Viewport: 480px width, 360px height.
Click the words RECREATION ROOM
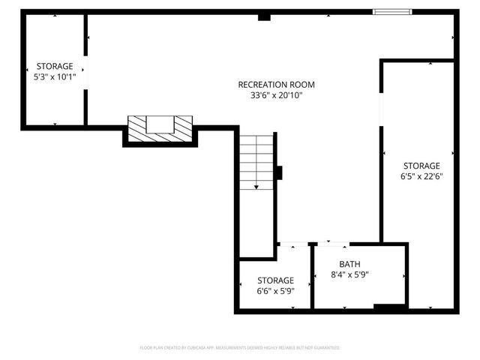tap(276, 85)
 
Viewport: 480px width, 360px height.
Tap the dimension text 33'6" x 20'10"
tap(276, 96)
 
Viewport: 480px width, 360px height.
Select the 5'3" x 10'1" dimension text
tap(54, 76)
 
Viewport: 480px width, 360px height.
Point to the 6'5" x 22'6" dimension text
tap(421, 177)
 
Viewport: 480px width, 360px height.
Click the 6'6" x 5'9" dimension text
tap(275, 291)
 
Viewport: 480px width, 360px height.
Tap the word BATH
tap(349, 264)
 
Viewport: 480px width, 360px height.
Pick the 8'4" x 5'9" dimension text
tap(349, 274)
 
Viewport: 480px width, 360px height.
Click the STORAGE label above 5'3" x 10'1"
tap(54, 66)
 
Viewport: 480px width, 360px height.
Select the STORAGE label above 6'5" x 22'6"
tap(421, 166)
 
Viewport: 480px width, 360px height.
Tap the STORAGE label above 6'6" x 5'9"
tap(275, 280)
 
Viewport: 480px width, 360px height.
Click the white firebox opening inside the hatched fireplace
tap(160, 124)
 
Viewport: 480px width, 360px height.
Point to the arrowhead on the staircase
tap(256, 186)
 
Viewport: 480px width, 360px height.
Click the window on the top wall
tap(393, 12)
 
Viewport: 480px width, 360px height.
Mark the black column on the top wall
tap(263, 16)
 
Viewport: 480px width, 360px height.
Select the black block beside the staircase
tap(278, 172)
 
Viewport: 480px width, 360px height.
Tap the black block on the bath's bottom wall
tap(389, 306)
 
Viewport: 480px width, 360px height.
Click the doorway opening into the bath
tap(332, 244)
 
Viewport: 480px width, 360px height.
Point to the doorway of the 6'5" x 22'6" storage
tap(382, 109)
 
